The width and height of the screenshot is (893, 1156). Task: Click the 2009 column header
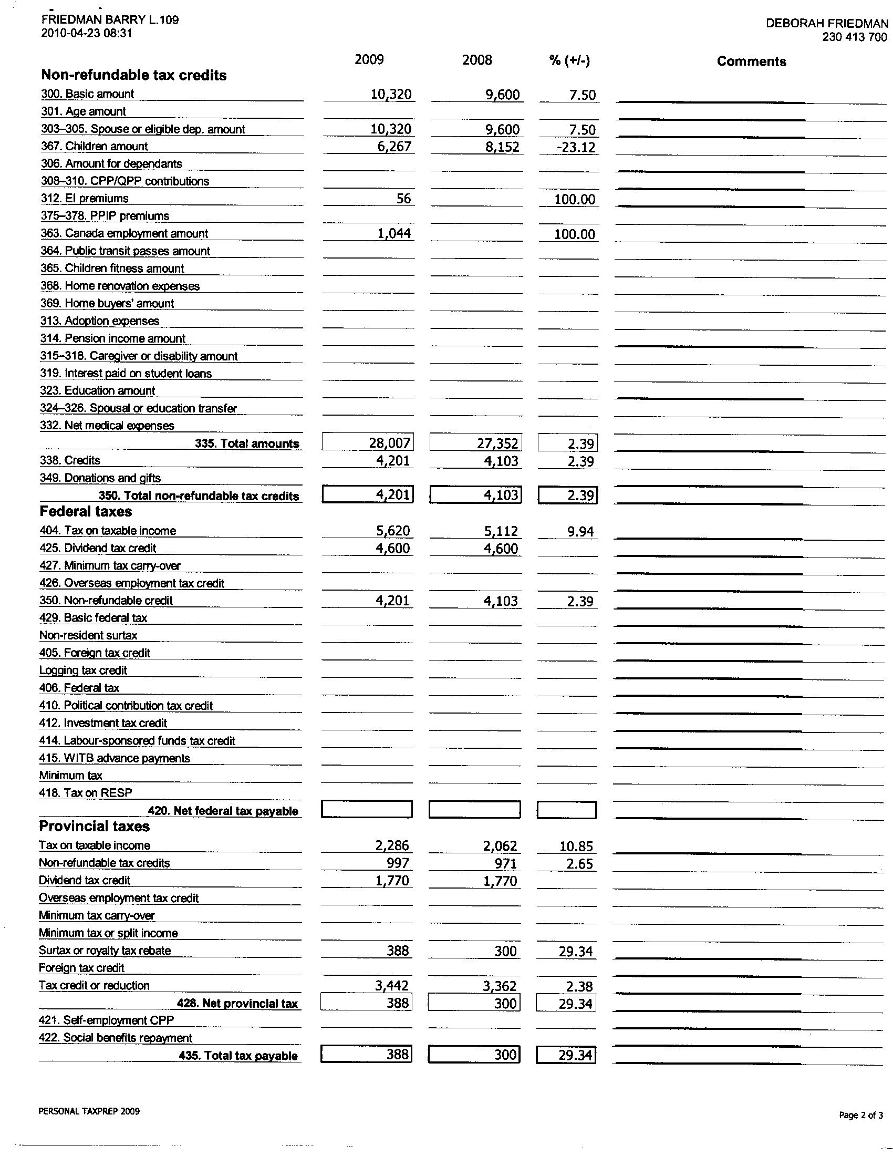(x=369, y=59)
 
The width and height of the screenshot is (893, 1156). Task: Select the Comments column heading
(x=751, y=61)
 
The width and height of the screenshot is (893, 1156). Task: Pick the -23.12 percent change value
(x=576, y=147)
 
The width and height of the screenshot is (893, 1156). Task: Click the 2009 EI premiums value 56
(x=403, y=199)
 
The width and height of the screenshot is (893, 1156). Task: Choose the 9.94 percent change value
(x=580, y=531)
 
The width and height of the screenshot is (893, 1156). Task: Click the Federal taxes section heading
(x=86, y=511)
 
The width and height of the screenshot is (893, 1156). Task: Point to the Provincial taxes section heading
(x=94, y=826)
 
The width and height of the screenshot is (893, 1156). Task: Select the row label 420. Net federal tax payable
(x=223, y=811)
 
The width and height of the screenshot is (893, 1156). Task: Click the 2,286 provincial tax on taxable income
(x=392, y=845)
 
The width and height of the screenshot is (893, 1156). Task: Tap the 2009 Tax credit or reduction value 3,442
(x=392, y=985)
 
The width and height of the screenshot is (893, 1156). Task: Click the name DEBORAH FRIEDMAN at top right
(x=827, y=23)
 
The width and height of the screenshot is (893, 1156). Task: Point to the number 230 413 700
(x=854, y=37)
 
